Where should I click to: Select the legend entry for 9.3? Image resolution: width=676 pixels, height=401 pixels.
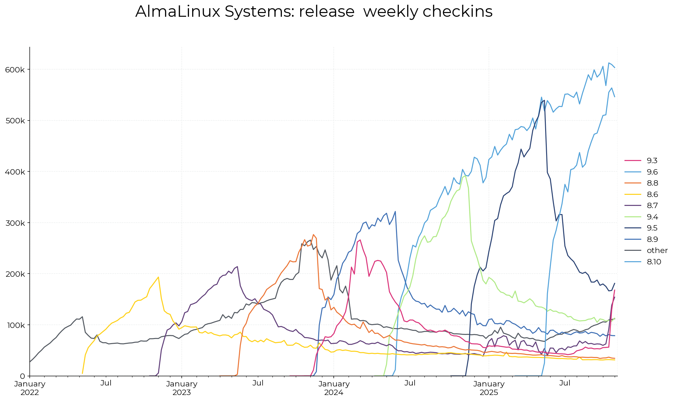coord(652,161)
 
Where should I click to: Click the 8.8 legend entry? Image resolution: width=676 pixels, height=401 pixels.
coord(652,183)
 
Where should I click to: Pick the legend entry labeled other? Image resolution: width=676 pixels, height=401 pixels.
coord(657,250)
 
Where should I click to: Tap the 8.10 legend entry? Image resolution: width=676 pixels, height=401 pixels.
coord(654,262)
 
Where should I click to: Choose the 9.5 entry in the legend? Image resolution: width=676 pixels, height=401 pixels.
coord(652,228)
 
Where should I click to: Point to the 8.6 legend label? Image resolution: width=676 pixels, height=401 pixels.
coord(652,194)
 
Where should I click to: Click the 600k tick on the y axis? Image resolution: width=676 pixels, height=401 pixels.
coord(15,70)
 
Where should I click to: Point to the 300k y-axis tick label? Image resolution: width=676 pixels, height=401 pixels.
coord(15,223)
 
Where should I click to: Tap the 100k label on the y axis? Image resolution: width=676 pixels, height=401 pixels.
coord(15,325)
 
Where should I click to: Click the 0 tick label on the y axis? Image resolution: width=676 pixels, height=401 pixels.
coord(22,376)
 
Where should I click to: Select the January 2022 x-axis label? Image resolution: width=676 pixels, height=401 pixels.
coord(30,388)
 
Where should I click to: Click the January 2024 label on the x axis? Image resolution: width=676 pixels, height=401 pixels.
coord(334,388)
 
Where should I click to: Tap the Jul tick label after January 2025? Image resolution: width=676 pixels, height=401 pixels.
coord(565,383)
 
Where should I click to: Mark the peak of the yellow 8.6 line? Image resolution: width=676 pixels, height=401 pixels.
coord(158,277)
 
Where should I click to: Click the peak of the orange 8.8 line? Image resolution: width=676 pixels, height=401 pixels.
coord(313,234)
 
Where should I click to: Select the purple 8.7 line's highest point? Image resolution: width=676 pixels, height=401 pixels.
coord(237,266)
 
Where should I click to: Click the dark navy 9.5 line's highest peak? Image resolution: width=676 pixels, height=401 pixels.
coord(544,100)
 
